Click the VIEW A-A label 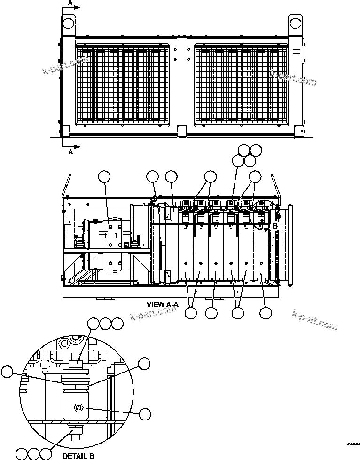(x=163, y=304)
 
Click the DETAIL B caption (x=78, y=455)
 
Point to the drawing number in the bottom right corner (x=353, y=444)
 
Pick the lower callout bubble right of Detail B (x=145, y=413)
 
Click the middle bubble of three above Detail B (x=106, y=324)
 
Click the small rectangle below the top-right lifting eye (x=296, y=52)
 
